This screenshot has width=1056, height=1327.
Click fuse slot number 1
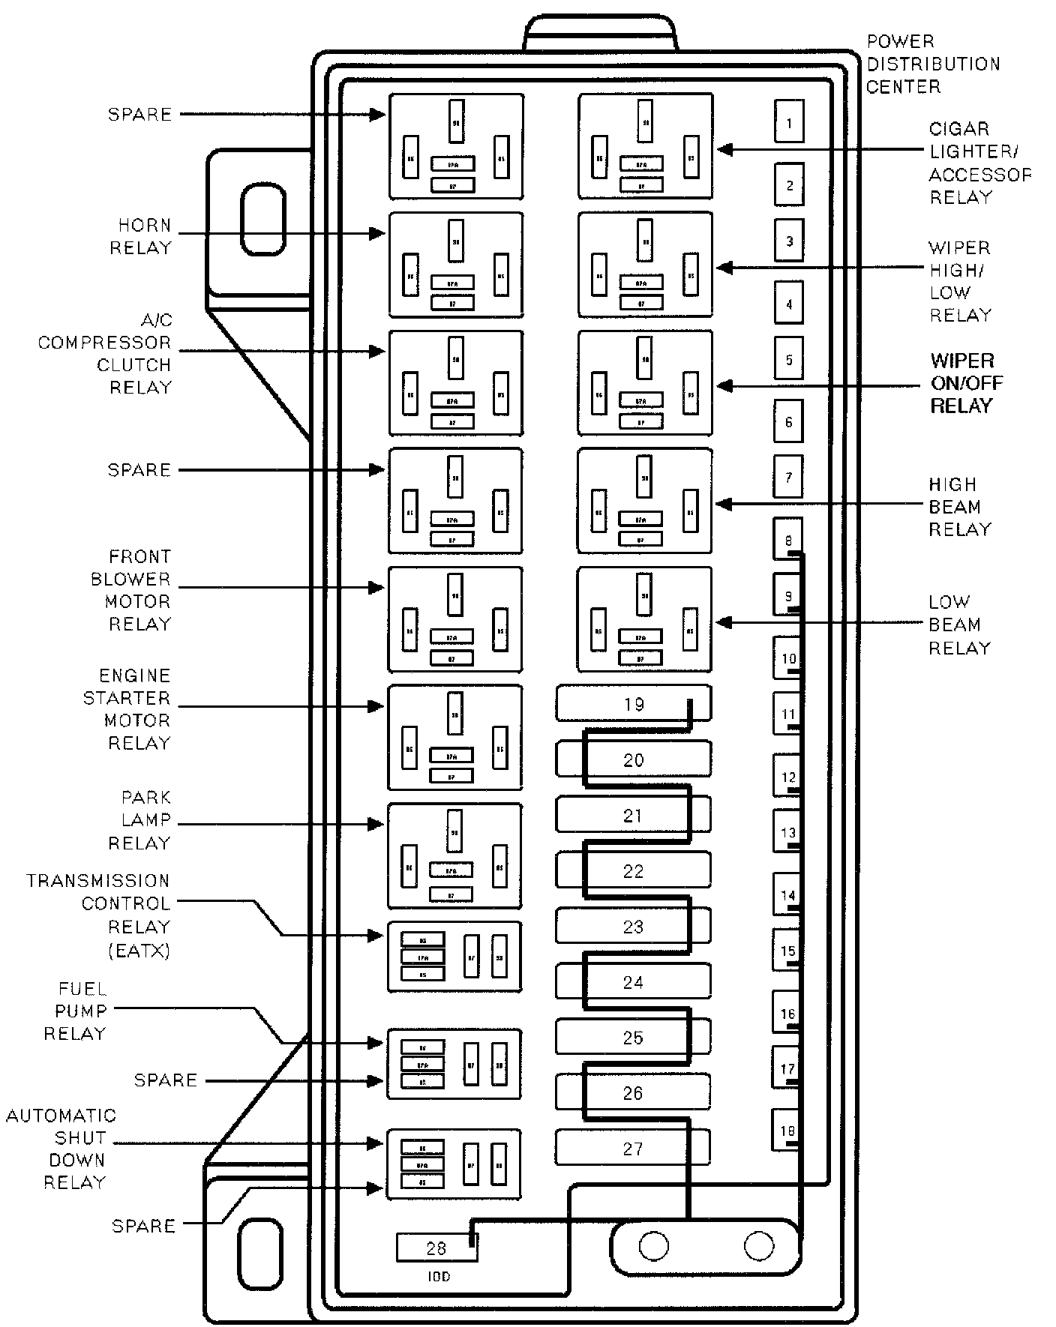(789, 121)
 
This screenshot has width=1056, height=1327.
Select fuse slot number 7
(788, 477)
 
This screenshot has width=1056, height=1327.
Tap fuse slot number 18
(787, 1130)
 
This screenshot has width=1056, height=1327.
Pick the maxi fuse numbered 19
(634, 704)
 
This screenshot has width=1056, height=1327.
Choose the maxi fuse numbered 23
(633, 926)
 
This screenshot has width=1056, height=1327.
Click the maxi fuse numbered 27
(633, 1148)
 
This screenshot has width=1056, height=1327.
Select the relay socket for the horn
(455, 265)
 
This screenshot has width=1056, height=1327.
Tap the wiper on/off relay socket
(645, 382)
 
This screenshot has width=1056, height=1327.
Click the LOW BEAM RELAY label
(959, 625)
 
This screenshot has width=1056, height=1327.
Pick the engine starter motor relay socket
(454, 737)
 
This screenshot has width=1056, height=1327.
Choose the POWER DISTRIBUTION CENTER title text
(932, 64)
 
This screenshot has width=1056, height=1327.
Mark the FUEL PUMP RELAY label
(75, 1011)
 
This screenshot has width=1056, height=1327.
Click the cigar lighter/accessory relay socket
(645, 146)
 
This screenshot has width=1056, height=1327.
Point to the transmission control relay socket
(454, 957)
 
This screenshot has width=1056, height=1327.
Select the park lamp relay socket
(454, 855)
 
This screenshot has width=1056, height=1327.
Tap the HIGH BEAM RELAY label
(959, 507)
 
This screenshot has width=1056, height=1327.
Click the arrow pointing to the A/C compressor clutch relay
(281, 351)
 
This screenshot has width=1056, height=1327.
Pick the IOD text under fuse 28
(438, 1276)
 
